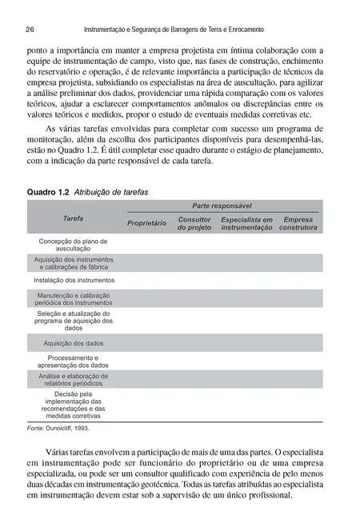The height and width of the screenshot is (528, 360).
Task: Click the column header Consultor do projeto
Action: click(194, 223)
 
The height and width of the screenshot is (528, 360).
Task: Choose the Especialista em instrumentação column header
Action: click(246, 223)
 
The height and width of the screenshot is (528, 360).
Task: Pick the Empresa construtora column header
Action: click(298, 223)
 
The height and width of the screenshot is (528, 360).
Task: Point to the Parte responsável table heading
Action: click(222, 206)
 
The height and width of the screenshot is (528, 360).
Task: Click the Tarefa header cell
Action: click(74, 218)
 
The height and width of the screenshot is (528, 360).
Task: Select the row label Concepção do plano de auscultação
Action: click(74, 244)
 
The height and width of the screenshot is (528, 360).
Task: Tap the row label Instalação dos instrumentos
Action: click(74, 281)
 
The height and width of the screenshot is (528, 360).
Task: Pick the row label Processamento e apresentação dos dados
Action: click(74, 360)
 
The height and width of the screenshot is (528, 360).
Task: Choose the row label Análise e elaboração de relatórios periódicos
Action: click(74, 378)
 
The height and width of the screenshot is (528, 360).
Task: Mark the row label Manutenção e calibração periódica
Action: click(74, 299)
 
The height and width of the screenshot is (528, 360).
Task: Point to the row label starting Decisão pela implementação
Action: click(74, 405)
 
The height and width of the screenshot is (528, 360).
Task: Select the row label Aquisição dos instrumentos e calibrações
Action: click(74, 262)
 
